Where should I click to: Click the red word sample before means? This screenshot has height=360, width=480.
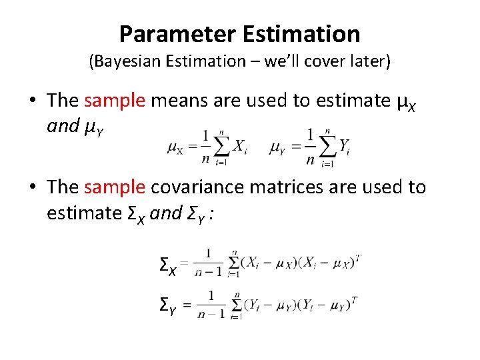[x=115, y=101]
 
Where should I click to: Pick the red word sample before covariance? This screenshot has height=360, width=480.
[x=115, y=188]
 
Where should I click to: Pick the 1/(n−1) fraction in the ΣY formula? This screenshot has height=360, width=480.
[x=211, y=304]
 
